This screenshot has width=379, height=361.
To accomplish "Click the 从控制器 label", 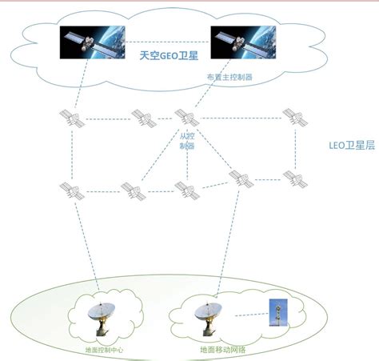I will coord(186,141).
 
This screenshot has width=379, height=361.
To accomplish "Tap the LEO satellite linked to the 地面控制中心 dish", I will coord(70,191).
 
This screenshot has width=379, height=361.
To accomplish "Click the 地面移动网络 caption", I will coord(221,350).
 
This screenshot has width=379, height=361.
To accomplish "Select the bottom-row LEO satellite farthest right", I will coord(292,177).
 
